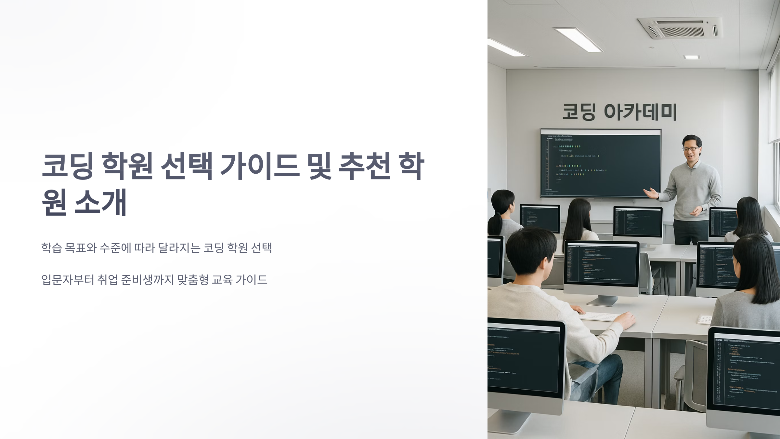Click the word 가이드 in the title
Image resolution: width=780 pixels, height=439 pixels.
[259, 166]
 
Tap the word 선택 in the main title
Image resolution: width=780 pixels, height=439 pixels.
[187, 166]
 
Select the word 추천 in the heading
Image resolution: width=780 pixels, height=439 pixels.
[364, 166]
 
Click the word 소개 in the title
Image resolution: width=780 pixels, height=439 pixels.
[100, 203]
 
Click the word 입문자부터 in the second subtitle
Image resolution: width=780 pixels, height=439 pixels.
[68, 280]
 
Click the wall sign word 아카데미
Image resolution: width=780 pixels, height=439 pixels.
[640, 112]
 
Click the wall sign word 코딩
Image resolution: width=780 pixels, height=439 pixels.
[579, 112]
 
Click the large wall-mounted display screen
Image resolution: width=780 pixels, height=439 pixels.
[601, 163]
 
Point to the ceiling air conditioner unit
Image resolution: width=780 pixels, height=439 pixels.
[679, 27]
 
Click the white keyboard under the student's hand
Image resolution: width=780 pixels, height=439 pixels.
[599, 316]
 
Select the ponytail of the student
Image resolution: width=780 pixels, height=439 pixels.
[495, 224]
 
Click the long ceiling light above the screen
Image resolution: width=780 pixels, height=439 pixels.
[577, 39]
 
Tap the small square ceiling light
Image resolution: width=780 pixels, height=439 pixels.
[692, 57]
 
